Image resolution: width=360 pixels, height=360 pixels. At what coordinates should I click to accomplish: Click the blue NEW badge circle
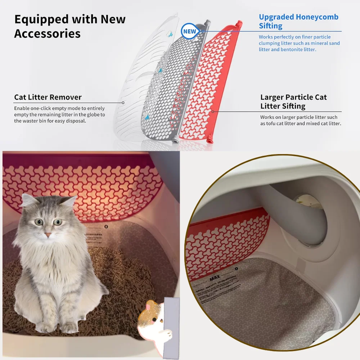189,31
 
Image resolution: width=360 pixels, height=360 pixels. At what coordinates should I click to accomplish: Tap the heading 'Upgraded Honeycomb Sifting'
298,21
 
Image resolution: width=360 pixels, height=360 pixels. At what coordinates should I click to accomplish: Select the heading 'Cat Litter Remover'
48,97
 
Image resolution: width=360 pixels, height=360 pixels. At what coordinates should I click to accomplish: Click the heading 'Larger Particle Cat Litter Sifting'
293,102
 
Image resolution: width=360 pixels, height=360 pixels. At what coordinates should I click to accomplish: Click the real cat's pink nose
48,235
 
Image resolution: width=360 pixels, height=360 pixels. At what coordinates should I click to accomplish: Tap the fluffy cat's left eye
39,222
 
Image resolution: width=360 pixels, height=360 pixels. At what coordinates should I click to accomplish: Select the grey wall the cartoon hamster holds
171,324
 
